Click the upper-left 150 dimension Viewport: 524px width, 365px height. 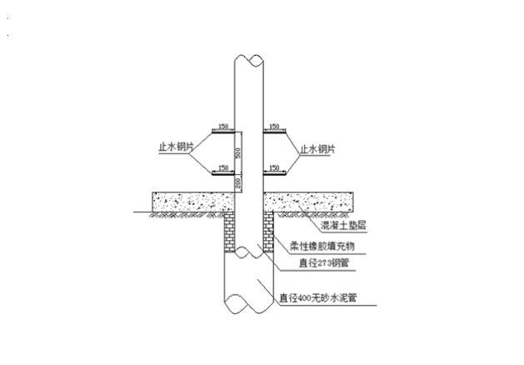point(222,127)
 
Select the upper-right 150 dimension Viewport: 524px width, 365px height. point(276,127)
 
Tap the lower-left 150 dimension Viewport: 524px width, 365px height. point(222,168)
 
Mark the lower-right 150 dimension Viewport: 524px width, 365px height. point(276,168)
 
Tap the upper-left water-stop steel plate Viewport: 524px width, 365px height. point(222,132)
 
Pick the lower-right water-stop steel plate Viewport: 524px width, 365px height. point(277,173)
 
